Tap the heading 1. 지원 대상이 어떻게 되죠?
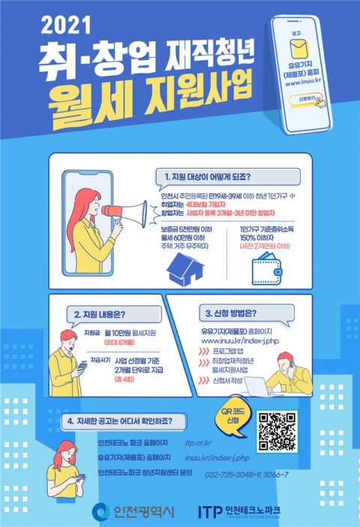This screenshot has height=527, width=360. click(x=207, y=178)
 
